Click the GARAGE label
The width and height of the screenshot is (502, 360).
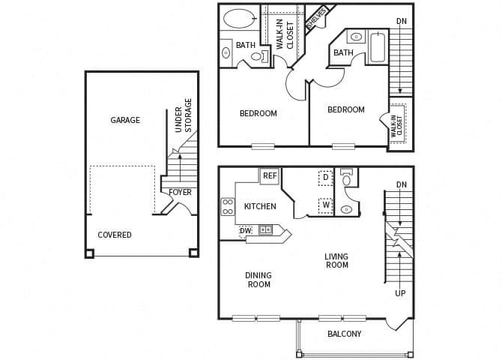coord(125,120)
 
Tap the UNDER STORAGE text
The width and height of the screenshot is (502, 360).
coord(184,115)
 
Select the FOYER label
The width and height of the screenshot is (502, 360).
coord(180,192)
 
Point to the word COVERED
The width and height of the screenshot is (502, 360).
coord(115,235)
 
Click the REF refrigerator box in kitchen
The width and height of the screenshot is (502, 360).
coord(270,176)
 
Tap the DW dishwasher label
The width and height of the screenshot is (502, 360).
coord(246,230)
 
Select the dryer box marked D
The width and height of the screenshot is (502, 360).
coord(326,178)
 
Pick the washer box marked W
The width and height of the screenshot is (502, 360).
coord(326,205)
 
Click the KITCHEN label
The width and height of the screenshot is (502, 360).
coord(260,206)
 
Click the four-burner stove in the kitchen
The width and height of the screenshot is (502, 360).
coord(228,206)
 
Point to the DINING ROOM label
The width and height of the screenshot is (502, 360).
coord(258,280)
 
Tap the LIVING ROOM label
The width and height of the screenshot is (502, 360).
coord(336,261)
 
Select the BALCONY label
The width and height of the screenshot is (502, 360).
coord(345,334)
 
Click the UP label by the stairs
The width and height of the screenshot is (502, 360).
coord(400,293)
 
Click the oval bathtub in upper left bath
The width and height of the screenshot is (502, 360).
coord(239,19)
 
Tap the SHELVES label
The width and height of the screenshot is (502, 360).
coord(316,19)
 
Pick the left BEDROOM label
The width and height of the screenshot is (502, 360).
coord(258,114)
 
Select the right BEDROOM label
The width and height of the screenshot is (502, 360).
coord(346,110)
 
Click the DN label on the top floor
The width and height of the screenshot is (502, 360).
coord(402,21)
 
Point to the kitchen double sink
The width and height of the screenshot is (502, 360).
coord(265,229)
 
